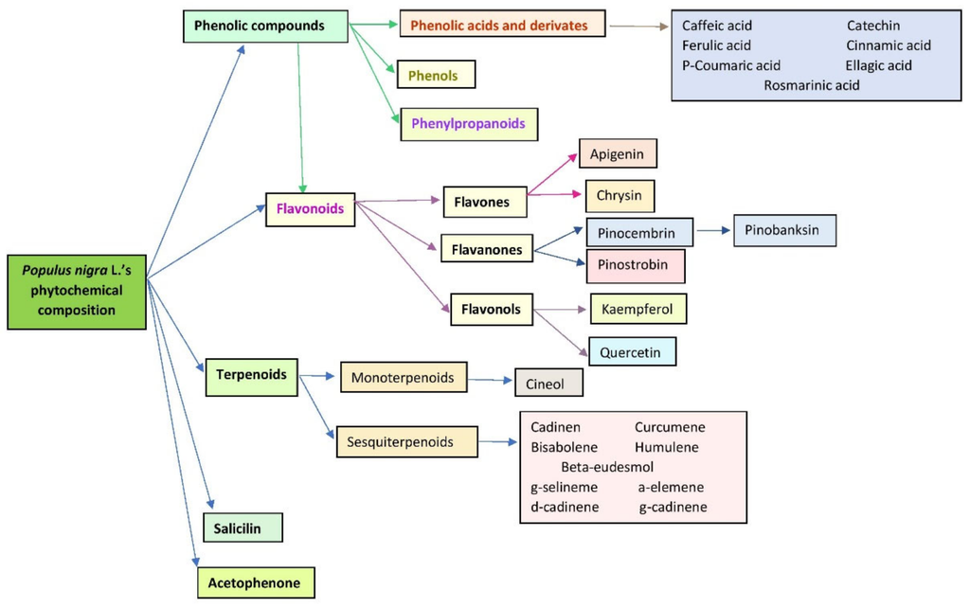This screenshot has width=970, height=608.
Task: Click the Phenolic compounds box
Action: coord(259,27)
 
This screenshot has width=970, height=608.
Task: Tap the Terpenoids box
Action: coord(251,374)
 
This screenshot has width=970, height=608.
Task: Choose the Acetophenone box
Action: coord(255,583)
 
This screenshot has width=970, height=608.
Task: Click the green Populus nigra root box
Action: coord(78,291)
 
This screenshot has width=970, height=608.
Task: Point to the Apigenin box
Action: coord(618,153)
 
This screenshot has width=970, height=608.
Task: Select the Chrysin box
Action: coord(620,196)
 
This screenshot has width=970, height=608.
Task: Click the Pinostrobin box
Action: coord(635,266)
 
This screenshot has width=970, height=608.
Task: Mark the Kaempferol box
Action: coord(638,309)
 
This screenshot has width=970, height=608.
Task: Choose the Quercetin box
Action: coord(632,352)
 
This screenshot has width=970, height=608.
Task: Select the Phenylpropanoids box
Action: coord(468,123)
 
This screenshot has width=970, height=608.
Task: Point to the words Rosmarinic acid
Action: coord(812,85)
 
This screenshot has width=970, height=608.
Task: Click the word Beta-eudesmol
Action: coord(607,467)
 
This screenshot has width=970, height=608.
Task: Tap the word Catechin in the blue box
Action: coord(873,26)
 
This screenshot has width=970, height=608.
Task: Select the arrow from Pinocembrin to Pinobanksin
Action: coord(713,229)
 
